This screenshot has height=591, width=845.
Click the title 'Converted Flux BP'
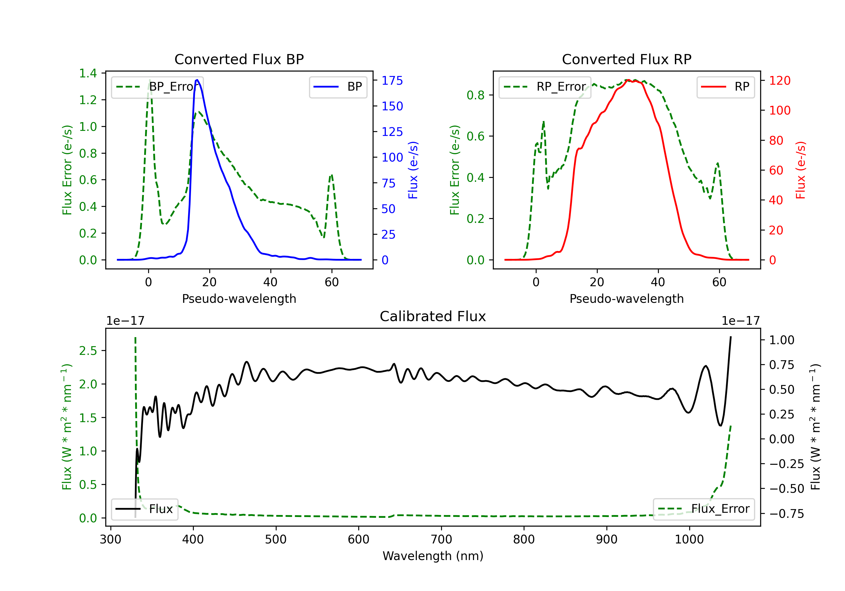[x=239, y=59]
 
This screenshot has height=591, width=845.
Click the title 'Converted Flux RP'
[x=626, y=59]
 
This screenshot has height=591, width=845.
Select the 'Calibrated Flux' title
[x=433, y=316]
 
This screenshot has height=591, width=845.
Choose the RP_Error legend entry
[x=545, y=87]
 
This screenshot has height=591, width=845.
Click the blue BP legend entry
[x=338, y=87]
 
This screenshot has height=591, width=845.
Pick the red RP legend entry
[x=725, y=87]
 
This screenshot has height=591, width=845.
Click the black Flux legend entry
[x=144, y=509]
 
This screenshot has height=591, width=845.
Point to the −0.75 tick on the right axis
[x=786, y=514]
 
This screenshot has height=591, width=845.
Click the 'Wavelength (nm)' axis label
[x=433, y=556]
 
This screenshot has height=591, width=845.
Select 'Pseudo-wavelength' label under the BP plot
[x=239, y=299]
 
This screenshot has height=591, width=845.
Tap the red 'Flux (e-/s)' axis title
[x=801, y=170]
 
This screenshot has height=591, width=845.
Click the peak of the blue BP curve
[x=197, y=80]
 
